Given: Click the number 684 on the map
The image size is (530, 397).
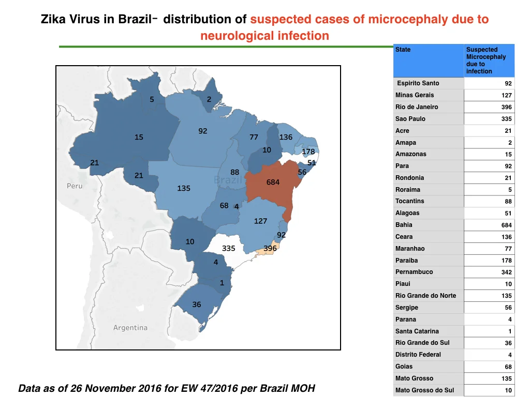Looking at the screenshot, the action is click(x=273, y=182).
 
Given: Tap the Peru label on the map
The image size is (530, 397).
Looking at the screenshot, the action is click(x=75, y=186).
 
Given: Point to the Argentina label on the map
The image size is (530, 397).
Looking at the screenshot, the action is click(x=130, y=327).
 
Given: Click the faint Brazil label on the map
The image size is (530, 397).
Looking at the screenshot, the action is click(x=228, y=179).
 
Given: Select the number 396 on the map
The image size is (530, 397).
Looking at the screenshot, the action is click(x=270, y=249).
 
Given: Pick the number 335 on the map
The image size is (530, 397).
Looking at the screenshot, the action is click(x=228, y=249).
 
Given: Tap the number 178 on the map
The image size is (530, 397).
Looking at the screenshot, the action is click(x=308, y=151).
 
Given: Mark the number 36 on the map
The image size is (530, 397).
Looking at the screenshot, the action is click(x=196, y=304).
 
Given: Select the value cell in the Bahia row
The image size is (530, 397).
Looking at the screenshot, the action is click(x=489, y=225).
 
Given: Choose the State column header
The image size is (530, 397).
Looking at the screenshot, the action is click(x=403, y=50).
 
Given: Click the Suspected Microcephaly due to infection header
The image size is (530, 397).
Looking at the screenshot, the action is click(x=486, y=60).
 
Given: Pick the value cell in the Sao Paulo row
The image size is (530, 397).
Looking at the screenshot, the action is click(x=489, y=119).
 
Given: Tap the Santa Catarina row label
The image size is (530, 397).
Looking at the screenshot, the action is click(x=417, y=331).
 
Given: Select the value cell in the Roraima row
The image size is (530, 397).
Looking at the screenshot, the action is click(x=489, y=190).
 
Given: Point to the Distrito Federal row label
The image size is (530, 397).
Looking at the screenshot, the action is click(x=418, y=355).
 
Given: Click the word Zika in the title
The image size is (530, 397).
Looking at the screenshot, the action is click(x=53, y=19).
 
